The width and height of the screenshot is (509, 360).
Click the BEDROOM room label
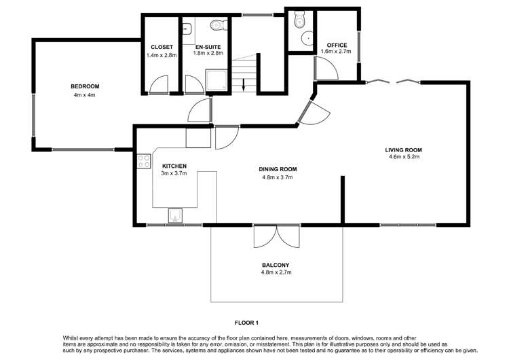(x=85, y=86)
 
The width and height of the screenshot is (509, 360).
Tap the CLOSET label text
(x=162, y=47)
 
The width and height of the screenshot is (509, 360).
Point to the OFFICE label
(x=337, y=46)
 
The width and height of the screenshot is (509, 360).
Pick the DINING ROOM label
(x=278, y=169)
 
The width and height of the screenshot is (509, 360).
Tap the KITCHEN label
(x=174, y=166)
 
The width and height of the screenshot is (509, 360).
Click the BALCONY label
(x=276, y=265)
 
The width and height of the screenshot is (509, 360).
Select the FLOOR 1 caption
(x=248, y=322)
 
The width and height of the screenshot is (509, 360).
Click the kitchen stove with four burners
(x=144, y=161)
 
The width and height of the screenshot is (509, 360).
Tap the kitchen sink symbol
(x=174, y=215)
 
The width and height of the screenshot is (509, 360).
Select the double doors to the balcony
(x=277, y=237)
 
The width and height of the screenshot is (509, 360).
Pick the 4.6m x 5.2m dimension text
(x=404, y=158)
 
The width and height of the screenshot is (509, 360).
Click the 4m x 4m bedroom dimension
(x=85, y=95)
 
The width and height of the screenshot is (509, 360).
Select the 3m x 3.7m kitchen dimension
(x=174, y=174)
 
